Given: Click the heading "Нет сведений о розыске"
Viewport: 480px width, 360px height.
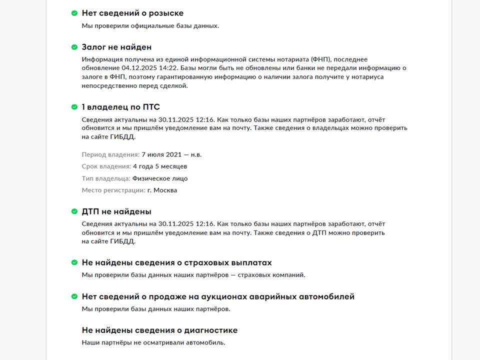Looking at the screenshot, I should click(132, 13).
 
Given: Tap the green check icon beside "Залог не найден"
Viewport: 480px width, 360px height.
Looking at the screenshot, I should click(74, 47).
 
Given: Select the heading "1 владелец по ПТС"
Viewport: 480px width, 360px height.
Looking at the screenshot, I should click(120, 107).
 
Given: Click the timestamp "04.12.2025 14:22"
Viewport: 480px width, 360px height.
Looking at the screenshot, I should click(149, 67).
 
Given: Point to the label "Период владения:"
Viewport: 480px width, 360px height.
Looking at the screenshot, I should click(110, 154).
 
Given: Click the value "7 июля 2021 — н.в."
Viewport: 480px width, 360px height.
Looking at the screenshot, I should click(171, 154).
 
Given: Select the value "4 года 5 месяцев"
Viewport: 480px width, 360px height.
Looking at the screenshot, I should click(160, 166).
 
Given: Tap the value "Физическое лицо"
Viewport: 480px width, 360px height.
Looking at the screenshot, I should click(160, 178).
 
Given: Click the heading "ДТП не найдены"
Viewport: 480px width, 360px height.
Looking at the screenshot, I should click(116, 211).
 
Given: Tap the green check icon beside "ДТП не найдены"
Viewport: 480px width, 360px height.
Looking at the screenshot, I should click(74, 211).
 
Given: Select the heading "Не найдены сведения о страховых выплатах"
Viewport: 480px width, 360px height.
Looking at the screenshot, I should click(176, 262).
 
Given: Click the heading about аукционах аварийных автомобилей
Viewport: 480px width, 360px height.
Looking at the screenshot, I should click(218, 296).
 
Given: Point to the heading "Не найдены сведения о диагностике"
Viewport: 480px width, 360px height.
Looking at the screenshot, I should click(159, 330).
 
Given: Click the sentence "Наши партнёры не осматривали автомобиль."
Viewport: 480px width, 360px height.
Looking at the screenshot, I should click(153, 342).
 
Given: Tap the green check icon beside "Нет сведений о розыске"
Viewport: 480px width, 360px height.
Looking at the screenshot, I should click(74, 13).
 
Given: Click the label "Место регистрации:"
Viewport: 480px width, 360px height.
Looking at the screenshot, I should click(113, 190).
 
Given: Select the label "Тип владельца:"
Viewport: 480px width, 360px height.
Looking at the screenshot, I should click(106, 178).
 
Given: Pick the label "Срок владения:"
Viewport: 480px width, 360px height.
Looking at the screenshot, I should click(106, 166).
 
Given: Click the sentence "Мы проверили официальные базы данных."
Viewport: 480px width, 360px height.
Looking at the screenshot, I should click(150, 25).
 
